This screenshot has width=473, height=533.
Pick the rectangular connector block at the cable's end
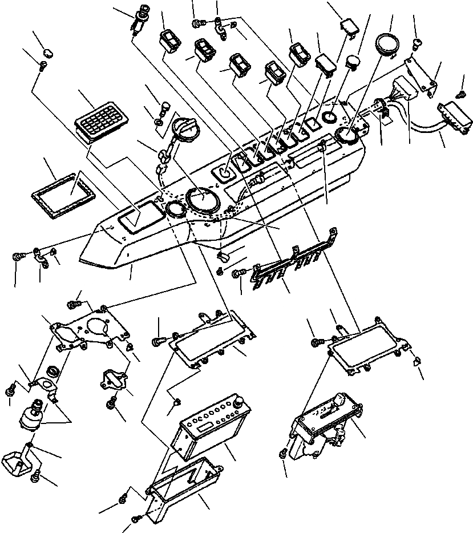(x=455, y=116)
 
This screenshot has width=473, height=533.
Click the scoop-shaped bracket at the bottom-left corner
(x=18, y=459)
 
